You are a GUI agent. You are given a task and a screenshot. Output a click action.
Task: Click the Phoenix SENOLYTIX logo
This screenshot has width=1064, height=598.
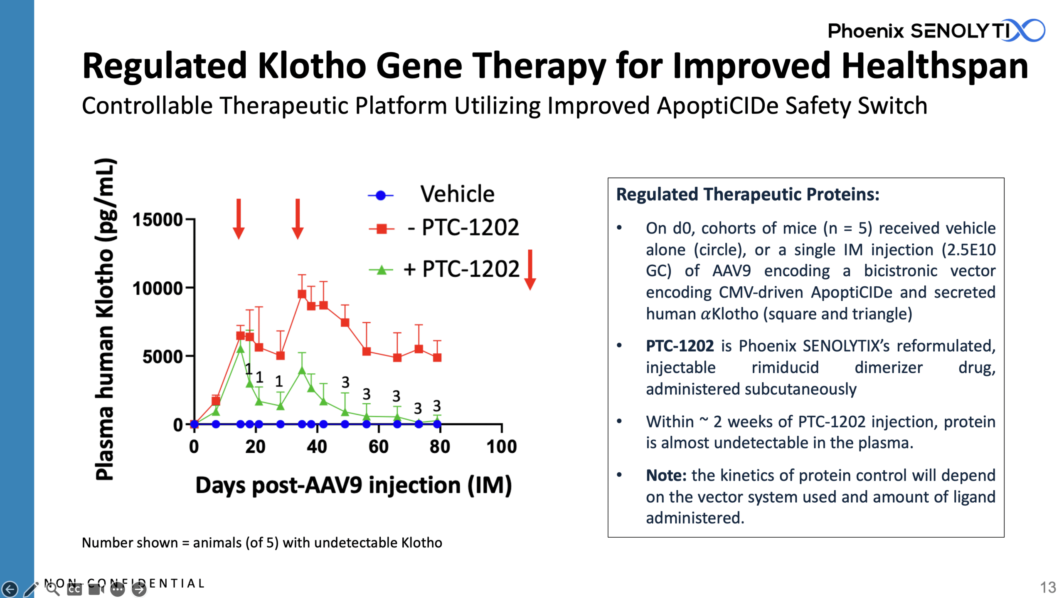[935, 31]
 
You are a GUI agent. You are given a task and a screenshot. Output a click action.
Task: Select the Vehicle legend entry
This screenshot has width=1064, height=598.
[457, 194]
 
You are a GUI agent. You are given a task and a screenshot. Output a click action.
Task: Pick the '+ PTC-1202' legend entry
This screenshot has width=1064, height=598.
[461, 269]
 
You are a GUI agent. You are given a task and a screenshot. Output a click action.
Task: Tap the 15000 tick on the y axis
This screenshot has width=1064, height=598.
[158, 219]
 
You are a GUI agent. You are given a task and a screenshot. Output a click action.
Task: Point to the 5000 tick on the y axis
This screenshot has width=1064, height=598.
[163, 357]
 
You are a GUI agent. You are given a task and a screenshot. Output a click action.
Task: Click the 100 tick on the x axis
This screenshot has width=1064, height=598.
[501, 447]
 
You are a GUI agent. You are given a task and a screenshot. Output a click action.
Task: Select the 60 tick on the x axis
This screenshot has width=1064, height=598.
[378, 447]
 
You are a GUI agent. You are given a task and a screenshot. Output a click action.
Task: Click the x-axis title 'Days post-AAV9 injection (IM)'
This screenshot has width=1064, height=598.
[353, 485]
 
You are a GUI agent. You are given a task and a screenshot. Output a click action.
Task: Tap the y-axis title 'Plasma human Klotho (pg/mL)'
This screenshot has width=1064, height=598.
[104, 319]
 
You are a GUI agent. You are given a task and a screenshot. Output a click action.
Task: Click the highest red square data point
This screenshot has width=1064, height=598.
[302, 294]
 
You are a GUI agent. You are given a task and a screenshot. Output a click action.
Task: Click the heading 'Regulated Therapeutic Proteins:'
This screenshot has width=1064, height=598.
[747, 194]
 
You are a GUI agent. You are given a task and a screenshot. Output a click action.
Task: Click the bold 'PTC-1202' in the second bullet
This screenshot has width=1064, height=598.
[680, 346]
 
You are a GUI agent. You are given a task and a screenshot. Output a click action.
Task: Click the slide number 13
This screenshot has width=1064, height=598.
[1048, 587]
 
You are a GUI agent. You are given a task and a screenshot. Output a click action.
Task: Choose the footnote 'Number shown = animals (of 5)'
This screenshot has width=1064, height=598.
[262, 543]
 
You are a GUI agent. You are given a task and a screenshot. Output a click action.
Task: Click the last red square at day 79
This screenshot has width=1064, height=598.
[437, 357]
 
